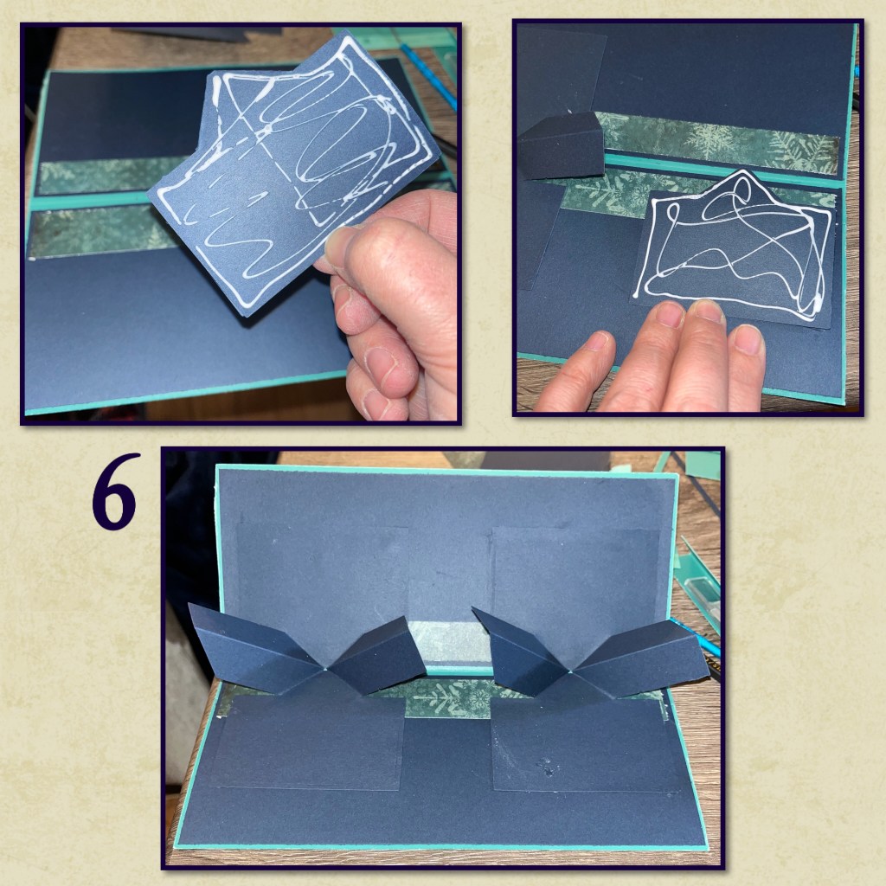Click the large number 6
tap(115, 491)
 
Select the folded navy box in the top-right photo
tap(561, 144)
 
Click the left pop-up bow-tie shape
tap(308, 651)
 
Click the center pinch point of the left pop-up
tap(326, 671)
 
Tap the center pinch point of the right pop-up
tap(572, 671)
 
